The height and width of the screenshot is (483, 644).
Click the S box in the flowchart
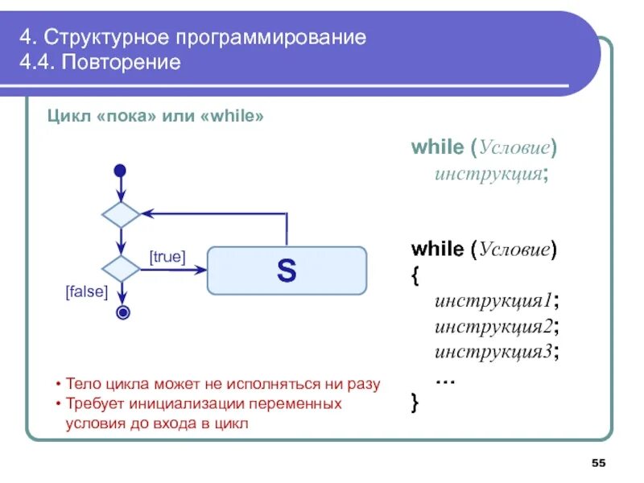pos(287,270)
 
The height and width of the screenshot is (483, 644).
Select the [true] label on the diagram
pos(167,257)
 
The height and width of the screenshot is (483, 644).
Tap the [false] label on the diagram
pos(86,292)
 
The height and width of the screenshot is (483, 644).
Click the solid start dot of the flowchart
pos(121,171)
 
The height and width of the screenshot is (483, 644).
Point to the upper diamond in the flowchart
pos(121,215)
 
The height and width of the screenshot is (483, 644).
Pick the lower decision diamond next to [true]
pos(121,269)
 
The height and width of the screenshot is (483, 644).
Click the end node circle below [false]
pos(122,312)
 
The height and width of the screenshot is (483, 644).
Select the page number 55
pos(598,463)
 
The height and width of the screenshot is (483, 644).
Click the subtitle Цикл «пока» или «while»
pos(156,117)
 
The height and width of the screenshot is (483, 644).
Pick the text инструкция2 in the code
pos(492,326)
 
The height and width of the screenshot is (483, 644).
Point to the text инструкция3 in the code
pos(492,351)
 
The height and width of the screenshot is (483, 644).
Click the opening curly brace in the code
pos(415,275)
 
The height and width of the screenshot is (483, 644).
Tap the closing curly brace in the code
pos(415,400)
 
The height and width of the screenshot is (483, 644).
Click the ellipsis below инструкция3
pos(445,377)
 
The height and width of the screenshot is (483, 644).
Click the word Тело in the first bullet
pos(82,384)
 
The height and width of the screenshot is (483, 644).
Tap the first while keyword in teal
pos(436,147)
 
